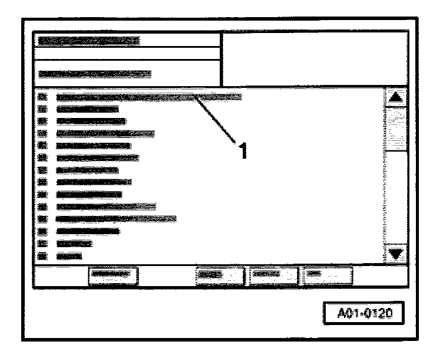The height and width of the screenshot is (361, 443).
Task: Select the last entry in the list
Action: pyautogui.click(x=69, y=256)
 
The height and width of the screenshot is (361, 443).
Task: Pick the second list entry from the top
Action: pyautogui.click(x=87, y=109)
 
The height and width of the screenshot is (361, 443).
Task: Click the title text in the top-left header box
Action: pyautogui.click(x=88, y=41)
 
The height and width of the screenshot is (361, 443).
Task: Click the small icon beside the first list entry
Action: pyautogui.click(x=42, y=96)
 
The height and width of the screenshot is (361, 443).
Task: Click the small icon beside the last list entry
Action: pyautogui.click(x=42, y=256)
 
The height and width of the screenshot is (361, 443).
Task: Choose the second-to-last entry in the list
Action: pyautogui.click(x=74, y=243)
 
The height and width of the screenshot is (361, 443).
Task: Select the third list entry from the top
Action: pyautogui.click(x=91, y=122)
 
